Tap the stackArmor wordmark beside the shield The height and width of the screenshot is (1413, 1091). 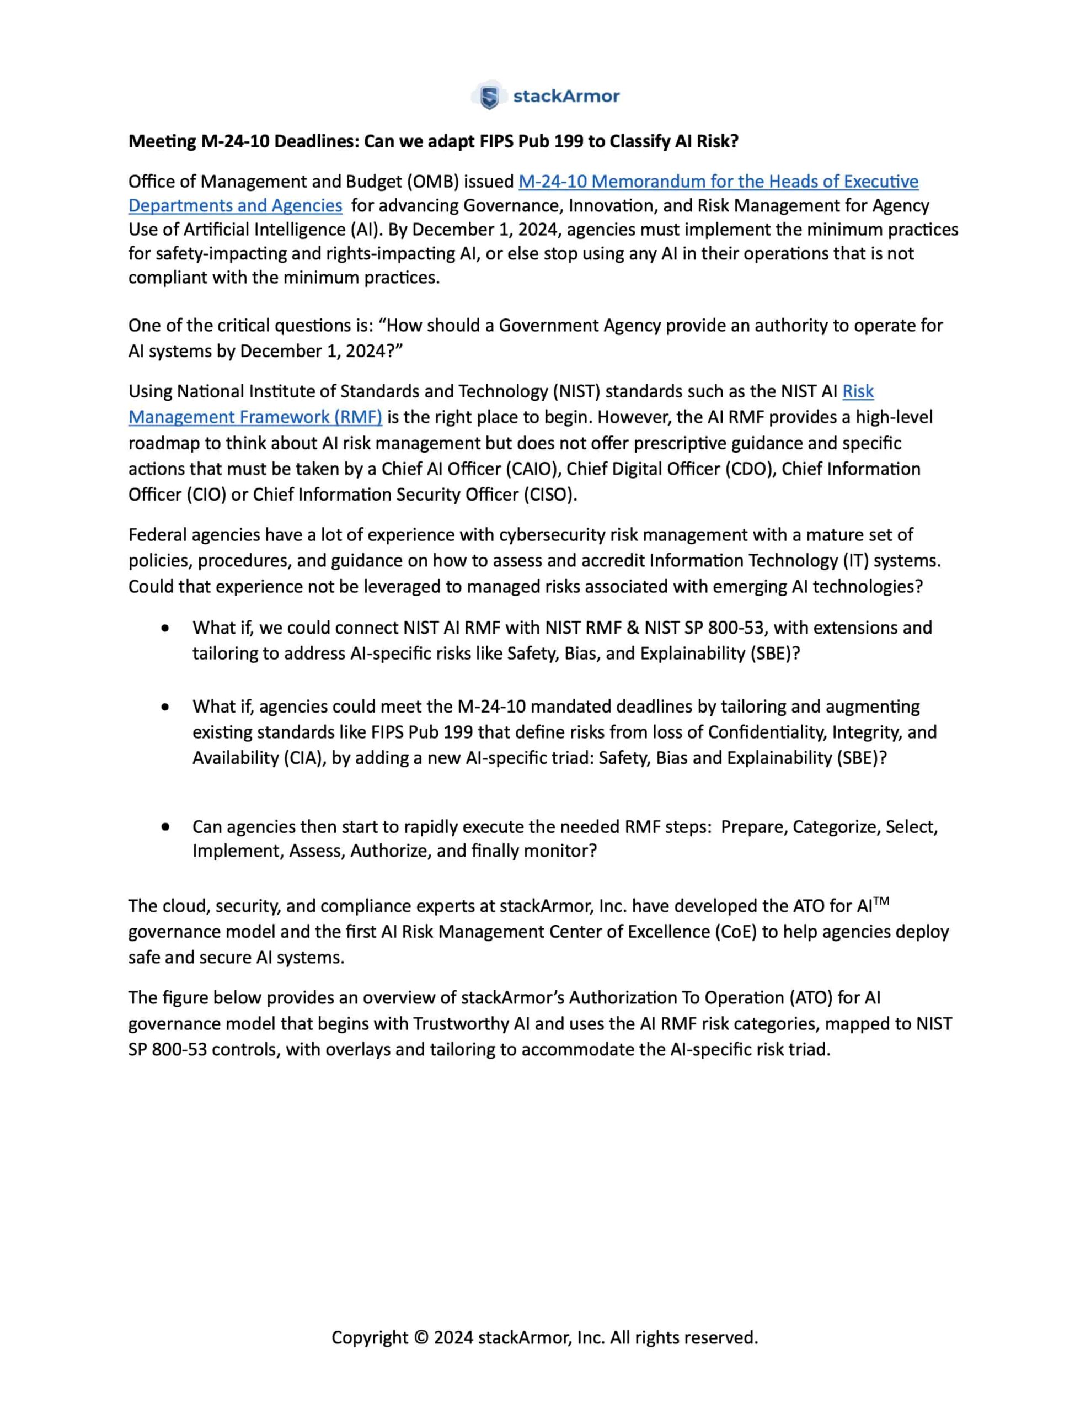point(566,97)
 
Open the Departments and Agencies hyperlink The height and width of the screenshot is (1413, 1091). point(235,206)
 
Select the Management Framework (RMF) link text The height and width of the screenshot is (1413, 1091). point(255,417)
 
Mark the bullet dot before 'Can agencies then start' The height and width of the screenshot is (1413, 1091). point(166,827)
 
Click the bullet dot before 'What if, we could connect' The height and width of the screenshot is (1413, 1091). point(166,628)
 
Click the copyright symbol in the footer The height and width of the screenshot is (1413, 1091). point(421,1337)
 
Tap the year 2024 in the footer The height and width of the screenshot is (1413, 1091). point(453,1337)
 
